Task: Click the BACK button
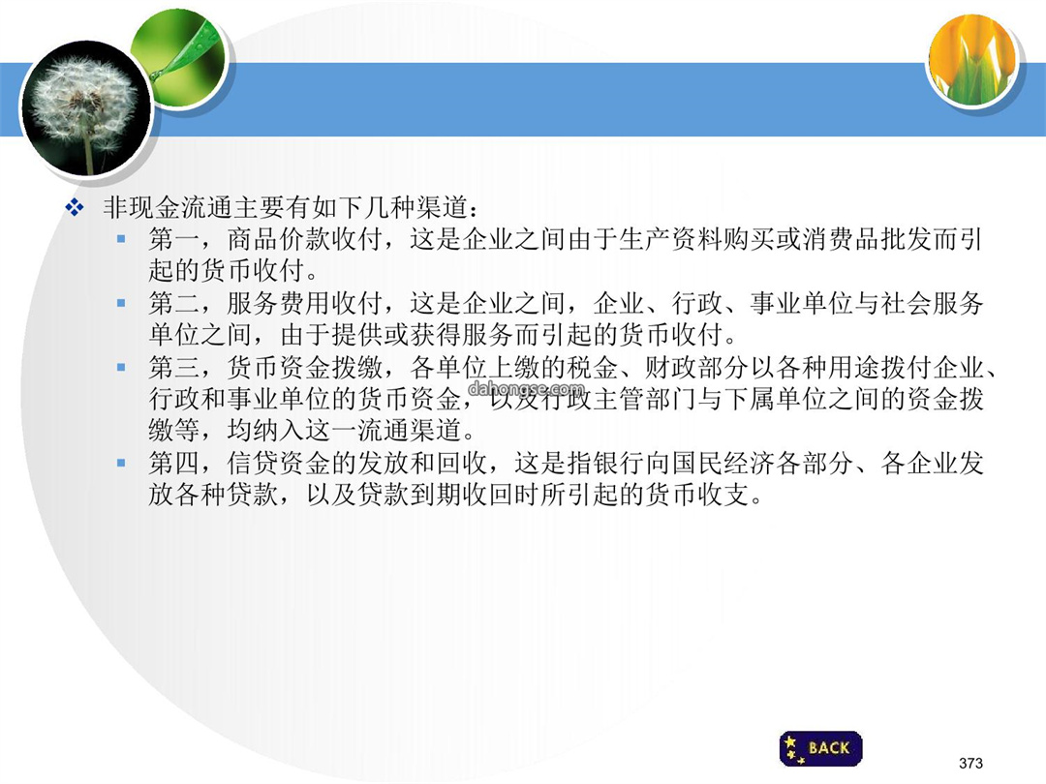(820, 748)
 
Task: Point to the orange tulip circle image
(973, 61)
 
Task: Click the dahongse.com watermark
(526, 388)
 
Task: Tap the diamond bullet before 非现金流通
(74, 208)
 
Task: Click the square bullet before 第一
(121, 238)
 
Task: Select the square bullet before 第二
(121, 303)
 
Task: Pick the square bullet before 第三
(121, 367)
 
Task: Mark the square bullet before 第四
(121, 463)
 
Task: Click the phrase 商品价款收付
(304, 239)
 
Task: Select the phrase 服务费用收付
(304, 303)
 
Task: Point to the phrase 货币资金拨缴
(304, 368)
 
